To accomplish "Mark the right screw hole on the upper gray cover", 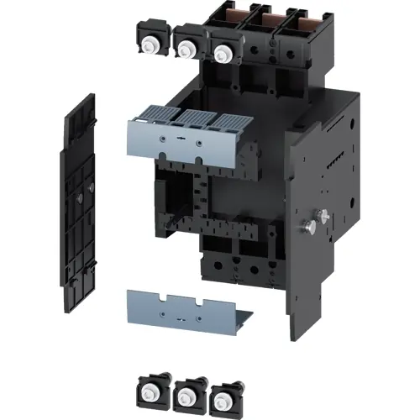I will pos(198,143).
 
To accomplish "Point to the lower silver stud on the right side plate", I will pos(303,227).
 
